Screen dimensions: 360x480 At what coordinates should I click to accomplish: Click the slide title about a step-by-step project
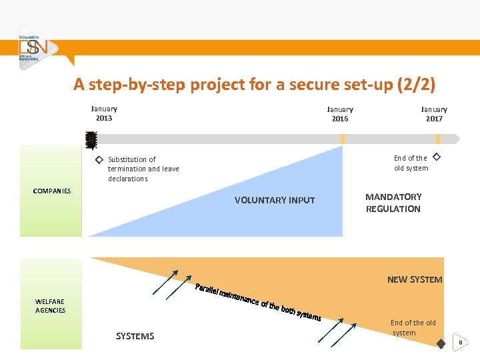(254, 85)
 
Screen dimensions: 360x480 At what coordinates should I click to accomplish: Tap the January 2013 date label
(104, 113)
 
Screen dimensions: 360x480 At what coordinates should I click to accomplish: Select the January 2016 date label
(340, 114)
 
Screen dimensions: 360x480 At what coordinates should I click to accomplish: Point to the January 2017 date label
(434, 114)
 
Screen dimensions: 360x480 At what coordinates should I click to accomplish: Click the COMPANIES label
(52, 191)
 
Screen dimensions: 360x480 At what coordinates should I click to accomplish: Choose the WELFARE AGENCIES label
(51, 306)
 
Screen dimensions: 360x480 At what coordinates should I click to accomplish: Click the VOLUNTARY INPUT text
(275, 200)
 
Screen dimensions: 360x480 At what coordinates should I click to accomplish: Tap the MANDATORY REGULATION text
(393, 203)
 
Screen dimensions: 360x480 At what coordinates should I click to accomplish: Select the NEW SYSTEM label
(415, 279)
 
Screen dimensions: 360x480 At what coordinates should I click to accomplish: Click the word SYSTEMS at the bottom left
(135, 336)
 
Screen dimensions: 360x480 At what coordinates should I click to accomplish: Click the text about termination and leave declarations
(143, 169)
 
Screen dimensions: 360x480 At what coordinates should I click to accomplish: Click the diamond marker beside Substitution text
(98, 160)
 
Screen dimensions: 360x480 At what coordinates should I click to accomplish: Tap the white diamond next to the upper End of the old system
(437, 157)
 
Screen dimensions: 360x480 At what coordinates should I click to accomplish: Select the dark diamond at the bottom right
(441, 343)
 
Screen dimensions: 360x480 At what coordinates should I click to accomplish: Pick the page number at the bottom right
(459, 343)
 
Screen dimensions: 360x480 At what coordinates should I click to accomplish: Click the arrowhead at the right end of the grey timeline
(457, 139)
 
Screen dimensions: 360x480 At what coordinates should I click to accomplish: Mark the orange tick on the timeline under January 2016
(343, 139)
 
